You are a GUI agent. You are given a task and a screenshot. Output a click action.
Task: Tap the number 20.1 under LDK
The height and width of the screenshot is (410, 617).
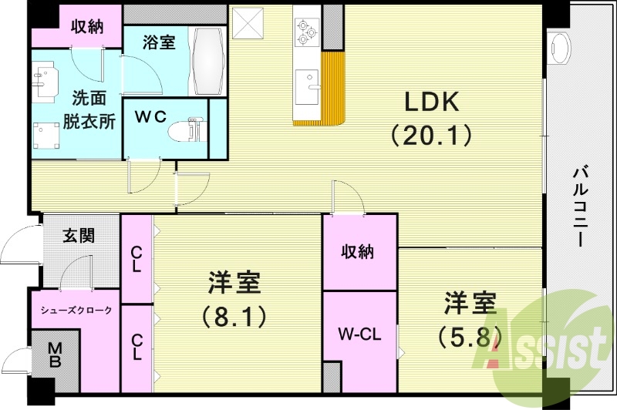point(430,136)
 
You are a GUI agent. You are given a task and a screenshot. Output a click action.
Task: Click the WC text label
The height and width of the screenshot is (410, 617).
point(151,117)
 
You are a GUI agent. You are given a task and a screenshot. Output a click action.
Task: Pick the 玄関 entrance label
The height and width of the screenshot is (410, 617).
point(79,236)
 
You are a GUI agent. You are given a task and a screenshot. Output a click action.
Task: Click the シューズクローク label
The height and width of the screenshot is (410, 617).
point(76,311)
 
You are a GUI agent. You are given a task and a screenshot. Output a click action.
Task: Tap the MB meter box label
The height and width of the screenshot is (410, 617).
point(55,355)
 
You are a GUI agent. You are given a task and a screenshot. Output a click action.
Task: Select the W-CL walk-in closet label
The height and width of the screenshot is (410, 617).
point(359,335)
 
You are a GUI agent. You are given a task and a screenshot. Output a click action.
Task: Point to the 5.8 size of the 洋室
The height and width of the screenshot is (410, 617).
point(470,336)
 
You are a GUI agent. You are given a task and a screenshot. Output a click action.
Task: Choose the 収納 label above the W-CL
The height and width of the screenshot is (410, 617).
point(359,251)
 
